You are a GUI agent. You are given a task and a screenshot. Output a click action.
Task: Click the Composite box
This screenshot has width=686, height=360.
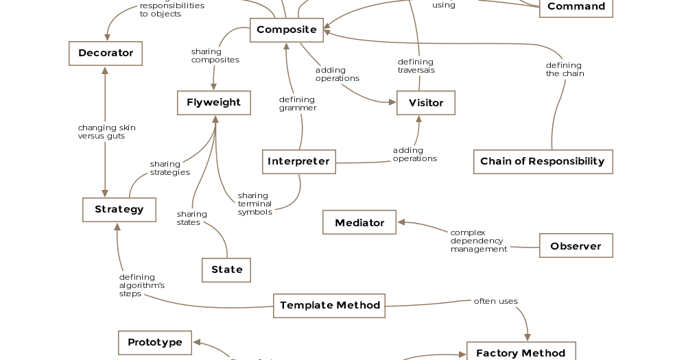[x=286, y=30]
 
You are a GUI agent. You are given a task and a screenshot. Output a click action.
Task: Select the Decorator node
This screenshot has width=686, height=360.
[x=106, y=53]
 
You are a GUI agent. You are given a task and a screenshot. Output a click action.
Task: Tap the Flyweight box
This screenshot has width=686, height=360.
[x=214, y=103]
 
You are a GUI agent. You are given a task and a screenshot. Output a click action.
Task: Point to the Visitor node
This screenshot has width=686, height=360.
[x=425, y=103]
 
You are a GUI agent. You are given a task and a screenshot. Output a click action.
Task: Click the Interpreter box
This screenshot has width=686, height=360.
[x=298, y=162]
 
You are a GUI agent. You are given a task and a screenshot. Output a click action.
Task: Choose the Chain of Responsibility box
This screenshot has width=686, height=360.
[x=543, y=162]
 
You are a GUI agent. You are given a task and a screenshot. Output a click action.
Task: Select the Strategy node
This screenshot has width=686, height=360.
[x=119, y=210]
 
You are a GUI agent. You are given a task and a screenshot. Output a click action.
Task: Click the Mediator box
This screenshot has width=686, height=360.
[x=359, y=223]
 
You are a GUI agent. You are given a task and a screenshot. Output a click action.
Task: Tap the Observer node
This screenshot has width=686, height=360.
[x=576, y=246]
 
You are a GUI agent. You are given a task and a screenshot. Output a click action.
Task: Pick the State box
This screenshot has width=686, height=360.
[x=226, y=270]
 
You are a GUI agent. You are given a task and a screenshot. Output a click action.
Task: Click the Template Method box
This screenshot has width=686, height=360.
[x=330, y=306]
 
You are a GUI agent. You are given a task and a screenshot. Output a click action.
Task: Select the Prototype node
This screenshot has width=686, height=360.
[x=155, y=342]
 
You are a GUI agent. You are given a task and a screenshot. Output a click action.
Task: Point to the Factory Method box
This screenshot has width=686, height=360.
[x=521, y=352]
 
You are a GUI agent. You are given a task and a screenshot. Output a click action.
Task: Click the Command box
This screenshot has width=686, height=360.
[x=576, y=8]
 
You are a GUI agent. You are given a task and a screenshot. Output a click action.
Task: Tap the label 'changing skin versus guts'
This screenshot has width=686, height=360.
[x=106, y=132]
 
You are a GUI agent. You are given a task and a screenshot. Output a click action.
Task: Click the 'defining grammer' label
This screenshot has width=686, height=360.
[x=298, y=104]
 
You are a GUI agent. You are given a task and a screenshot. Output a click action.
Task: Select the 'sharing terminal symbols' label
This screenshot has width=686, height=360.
[x=255, y=204]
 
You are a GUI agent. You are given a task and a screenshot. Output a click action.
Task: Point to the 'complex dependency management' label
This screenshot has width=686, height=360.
[x=478, y=241]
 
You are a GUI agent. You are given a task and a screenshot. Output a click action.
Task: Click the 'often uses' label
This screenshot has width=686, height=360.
[x=495, y=301]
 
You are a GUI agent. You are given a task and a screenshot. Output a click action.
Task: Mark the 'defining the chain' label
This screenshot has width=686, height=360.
[x=565, y=69]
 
